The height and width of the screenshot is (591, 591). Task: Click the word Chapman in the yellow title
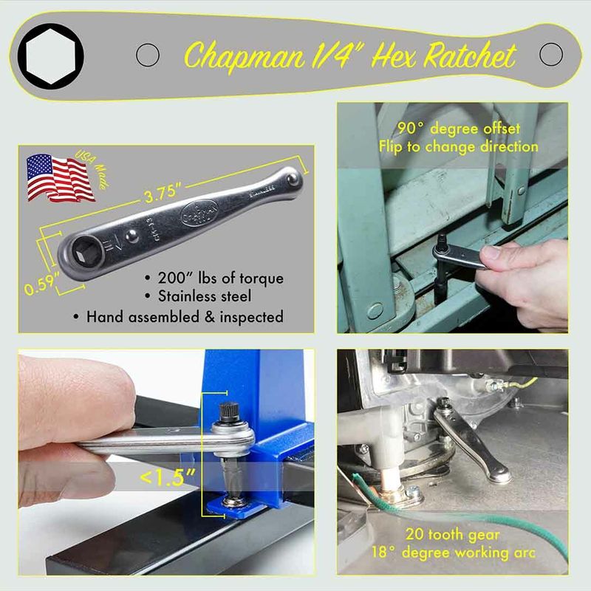245,56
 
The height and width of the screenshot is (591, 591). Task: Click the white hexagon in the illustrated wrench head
50,56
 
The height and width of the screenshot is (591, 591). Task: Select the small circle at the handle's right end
550,54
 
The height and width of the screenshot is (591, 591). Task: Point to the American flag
60,177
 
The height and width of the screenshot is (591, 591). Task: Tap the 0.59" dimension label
41,283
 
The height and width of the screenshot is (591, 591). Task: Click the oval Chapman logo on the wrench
199,213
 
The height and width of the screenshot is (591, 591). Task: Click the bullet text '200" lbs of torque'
220,279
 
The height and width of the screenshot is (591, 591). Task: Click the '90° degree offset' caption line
459,129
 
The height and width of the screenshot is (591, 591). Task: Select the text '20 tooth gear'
453,534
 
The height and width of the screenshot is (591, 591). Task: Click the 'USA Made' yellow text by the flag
92,169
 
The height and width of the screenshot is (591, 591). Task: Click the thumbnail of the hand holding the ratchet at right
452,217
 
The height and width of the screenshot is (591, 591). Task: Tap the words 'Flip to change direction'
458,146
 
